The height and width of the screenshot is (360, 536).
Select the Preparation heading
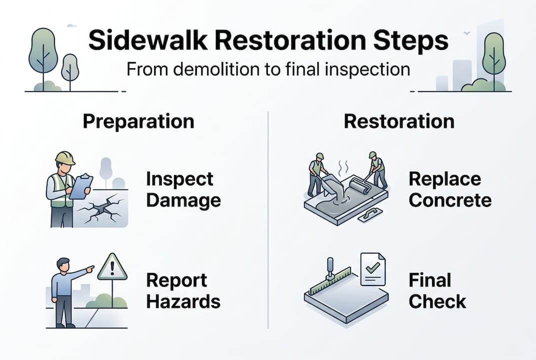coord(138,121)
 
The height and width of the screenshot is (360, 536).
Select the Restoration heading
coord(399,121)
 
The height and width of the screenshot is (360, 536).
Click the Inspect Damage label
coord(183,189)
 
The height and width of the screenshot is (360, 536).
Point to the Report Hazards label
coord(183,291)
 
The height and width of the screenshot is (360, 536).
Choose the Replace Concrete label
coord(450,189)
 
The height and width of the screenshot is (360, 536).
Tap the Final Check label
coord(437,291)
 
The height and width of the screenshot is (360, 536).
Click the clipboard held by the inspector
coord(81,186)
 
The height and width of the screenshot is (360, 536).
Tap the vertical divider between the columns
coord(268,220)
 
